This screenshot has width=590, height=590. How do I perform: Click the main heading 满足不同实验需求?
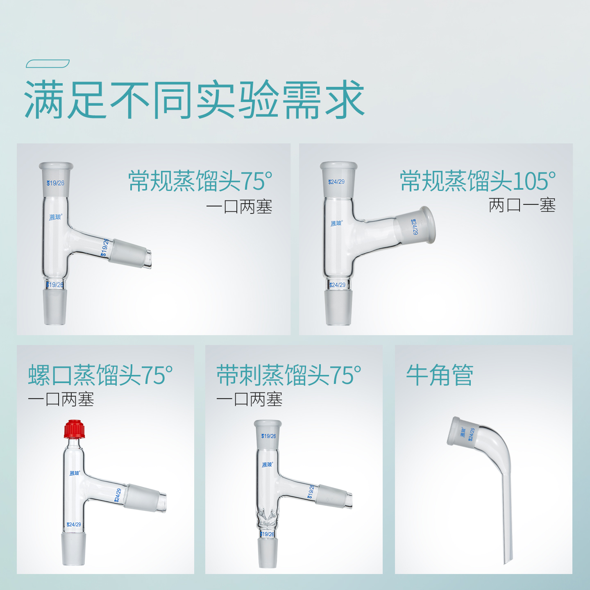tap(195, 100)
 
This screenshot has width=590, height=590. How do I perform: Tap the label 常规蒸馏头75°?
tap(200, 181)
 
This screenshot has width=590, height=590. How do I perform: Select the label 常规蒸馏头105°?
tap(478, 181)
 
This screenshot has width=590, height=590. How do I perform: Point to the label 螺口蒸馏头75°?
tap(100, 375)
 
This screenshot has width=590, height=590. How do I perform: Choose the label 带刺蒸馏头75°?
tap(289, 375)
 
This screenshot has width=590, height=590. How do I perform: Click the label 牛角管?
tap(440, 375)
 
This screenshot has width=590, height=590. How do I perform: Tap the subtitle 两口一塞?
tap(522, 205)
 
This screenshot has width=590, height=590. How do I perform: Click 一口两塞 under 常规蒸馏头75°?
tap(239, 206)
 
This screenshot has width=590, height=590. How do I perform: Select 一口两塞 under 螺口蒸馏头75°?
tap(61, 399)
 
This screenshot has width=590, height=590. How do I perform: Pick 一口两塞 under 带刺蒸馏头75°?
tap(250, 399)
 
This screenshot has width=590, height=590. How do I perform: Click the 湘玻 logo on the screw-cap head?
tap(75, 473)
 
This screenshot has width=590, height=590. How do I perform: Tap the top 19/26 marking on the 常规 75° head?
tap(55, 183)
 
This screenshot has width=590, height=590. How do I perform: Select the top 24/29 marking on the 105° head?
tap(336, 182)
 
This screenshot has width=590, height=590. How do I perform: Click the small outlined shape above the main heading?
tap(48, 64)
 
